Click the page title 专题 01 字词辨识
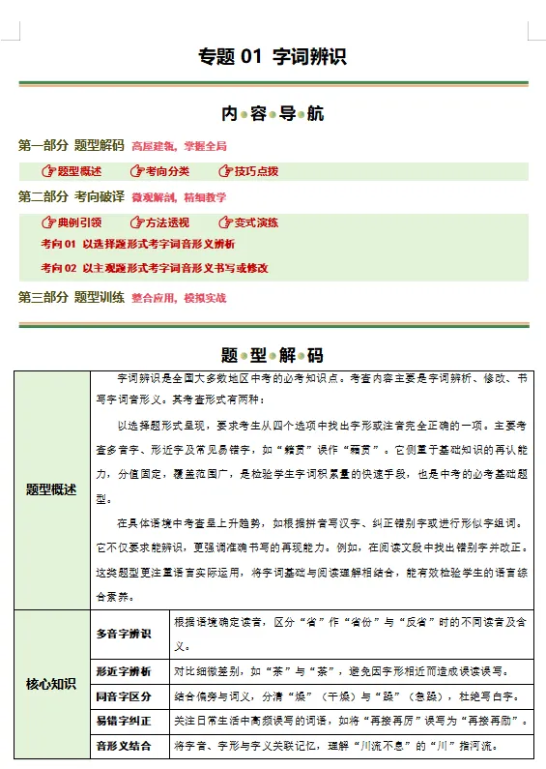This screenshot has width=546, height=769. [273, 57]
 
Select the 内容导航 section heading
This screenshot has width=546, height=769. [273, 114]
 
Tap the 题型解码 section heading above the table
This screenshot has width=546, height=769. [273, 354]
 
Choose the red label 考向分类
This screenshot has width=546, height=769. [167, 171]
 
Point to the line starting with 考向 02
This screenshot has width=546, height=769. [155, 268]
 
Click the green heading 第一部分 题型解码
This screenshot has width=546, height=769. [72, 146]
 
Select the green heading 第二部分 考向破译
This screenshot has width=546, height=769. [72, 197]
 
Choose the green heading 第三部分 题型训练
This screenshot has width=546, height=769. [72, 298]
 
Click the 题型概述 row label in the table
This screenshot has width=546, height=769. [51, 489]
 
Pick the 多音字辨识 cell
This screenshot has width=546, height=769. [124, 635]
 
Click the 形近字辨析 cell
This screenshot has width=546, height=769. [124, 671]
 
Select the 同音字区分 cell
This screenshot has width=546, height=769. [124, 697]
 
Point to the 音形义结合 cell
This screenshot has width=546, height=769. [124, 747]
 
